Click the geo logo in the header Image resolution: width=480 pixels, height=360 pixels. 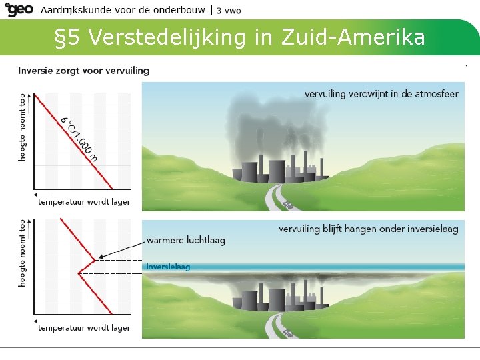19,9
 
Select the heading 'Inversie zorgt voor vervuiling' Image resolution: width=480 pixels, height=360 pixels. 83,70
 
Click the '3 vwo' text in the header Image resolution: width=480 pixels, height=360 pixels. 229,10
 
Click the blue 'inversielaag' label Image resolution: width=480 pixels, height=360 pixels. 168,267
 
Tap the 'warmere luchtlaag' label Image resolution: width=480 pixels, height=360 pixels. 185,241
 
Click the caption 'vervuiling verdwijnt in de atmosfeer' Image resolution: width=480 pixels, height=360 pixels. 381,94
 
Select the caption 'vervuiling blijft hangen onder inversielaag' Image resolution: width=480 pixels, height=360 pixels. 369,229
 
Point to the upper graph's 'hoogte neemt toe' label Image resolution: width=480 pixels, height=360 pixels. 23,126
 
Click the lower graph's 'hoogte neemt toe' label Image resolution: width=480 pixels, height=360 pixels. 23,253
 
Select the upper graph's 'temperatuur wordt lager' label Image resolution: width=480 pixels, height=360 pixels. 84,202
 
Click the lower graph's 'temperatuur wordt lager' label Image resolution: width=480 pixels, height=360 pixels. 84,327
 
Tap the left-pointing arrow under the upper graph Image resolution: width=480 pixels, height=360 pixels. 44,197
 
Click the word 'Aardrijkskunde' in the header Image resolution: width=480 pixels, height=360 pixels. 71,10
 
